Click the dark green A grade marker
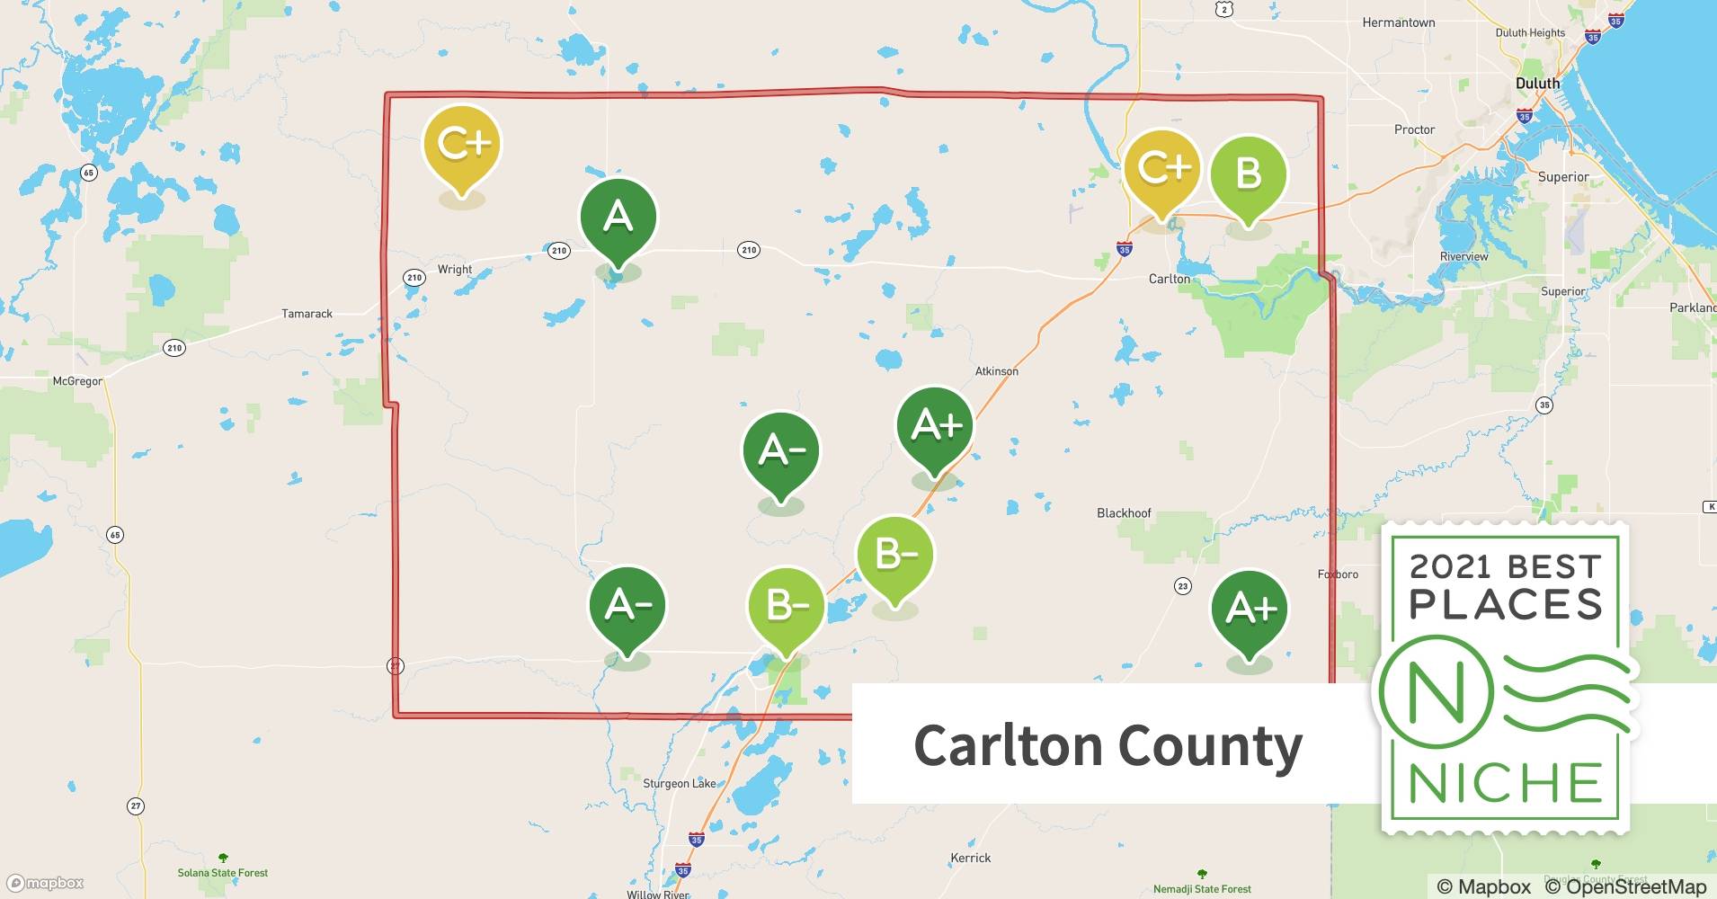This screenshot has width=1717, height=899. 618,218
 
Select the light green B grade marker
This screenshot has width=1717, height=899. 1249,174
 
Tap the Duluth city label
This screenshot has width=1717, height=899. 1537,84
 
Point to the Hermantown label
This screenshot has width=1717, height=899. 1398,22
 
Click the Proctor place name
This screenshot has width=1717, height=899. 1414,129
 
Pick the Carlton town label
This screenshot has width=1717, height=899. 1169,279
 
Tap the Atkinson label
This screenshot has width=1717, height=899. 997,371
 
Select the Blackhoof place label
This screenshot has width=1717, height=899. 1124,513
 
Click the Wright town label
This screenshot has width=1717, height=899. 455,270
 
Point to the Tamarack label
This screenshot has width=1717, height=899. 307,314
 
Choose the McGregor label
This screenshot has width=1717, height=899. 77,381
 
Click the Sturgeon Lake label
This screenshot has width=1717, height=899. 679,784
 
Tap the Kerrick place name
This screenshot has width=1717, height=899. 970,859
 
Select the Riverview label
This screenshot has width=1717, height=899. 1463,257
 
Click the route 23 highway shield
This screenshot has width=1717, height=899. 1182,586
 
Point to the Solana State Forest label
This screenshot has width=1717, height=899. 223,873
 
